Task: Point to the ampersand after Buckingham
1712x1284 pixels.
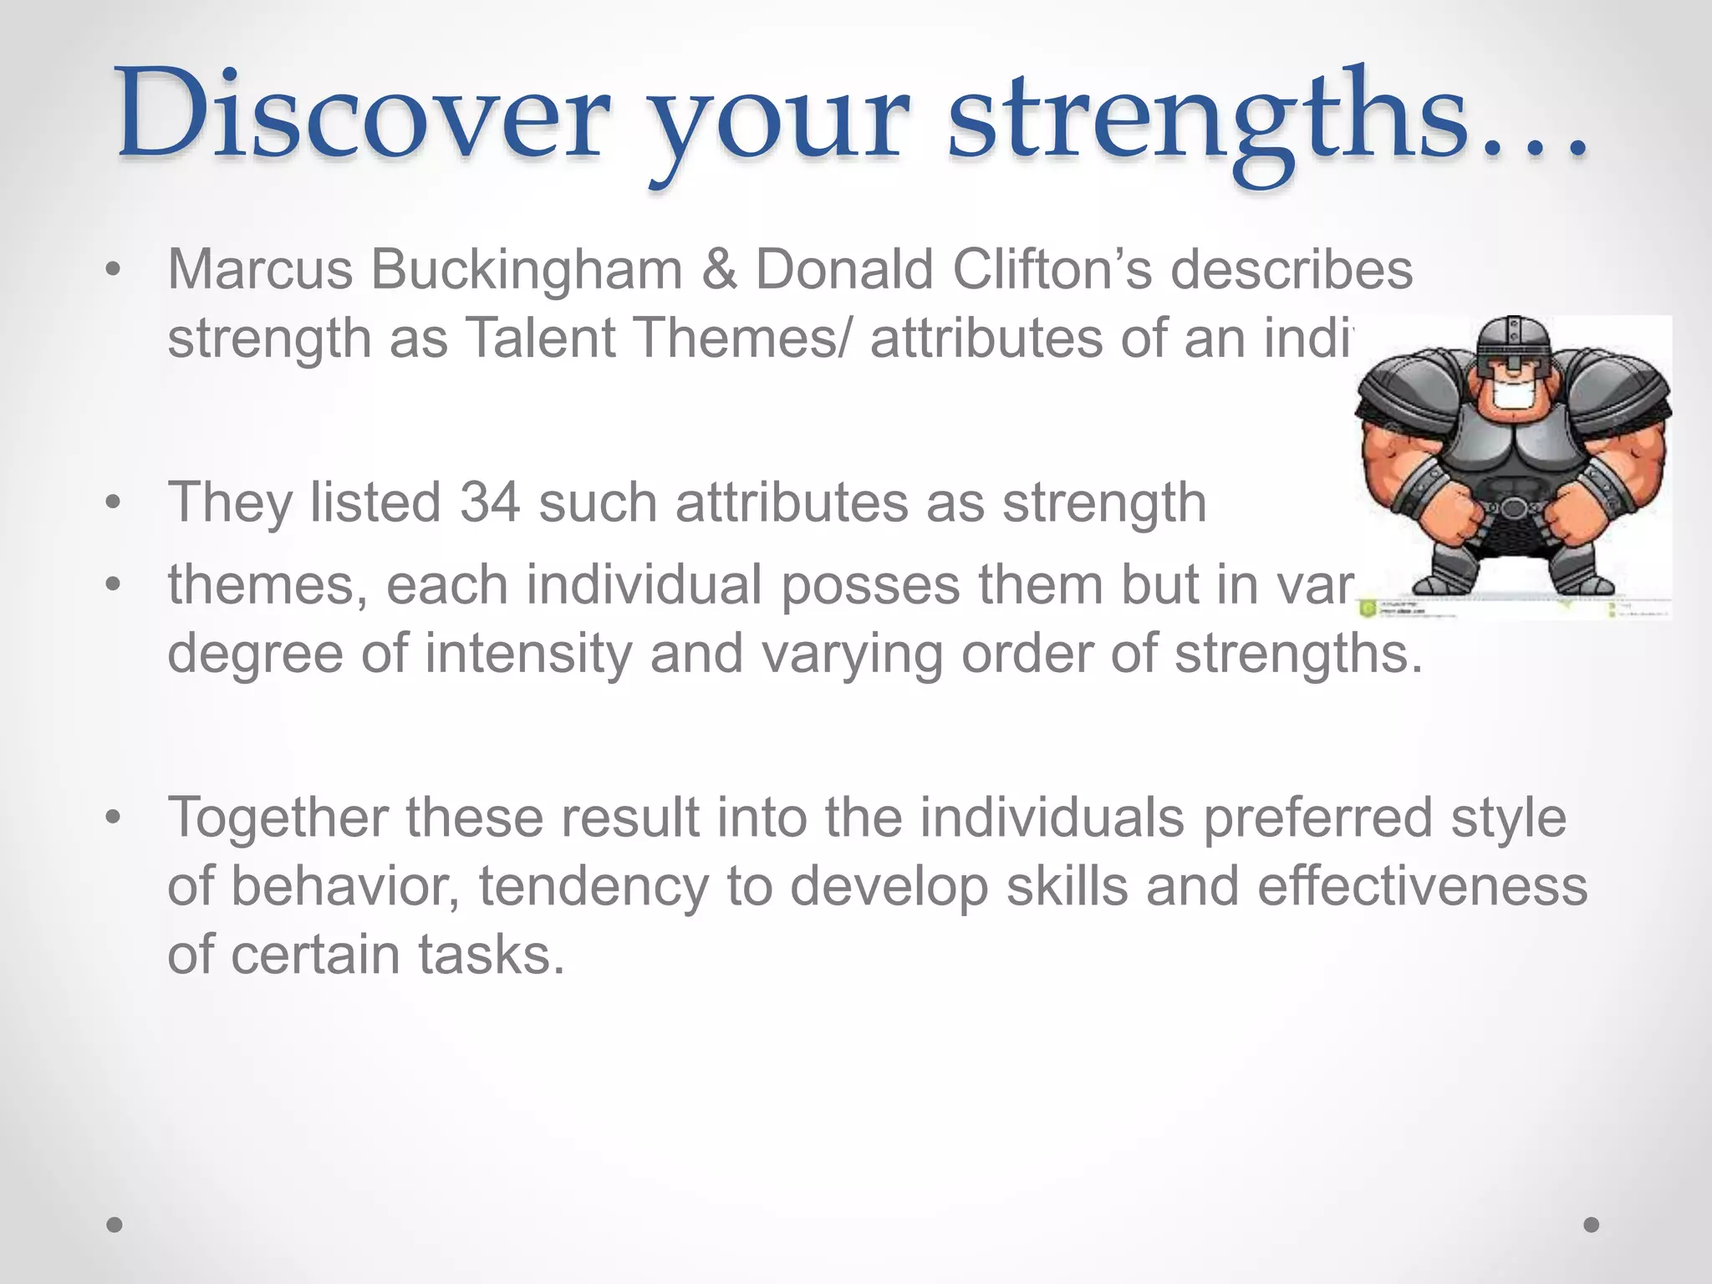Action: (x=719, y=270)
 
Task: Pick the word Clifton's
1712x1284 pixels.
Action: (x=1052, y=270)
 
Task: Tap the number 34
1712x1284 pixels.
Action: (x=490, y=503)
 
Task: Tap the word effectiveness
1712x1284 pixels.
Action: (x=1422, y=886)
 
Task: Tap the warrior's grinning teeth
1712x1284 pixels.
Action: (x=1513, y=396)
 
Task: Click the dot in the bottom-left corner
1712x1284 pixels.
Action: (x=115, y=1225)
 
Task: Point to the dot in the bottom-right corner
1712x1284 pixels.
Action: (x=1592, y=1225)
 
